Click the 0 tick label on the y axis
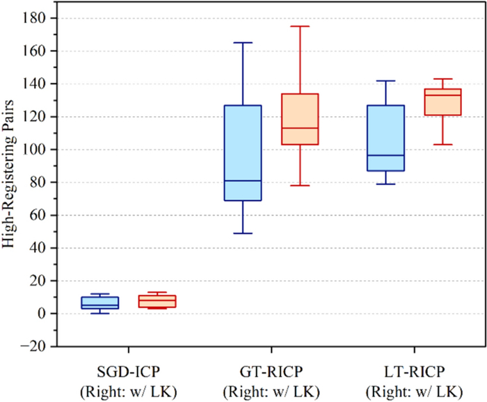coord(42,314)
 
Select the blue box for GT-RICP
coord(243,153)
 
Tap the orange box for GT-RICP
coord(300,119)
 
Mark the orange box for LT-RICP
coord(442,102)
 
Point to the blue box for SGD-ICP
coord(100,303)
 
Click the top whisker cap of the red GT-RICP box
coord(300,26)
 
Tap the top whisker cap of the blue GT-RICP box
coord(243,42)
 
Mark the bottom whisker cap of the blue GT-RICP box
coord(243,233)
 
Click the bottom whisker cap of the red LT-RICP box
coord(442,145)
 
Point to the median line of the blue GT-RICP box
coord(243,181)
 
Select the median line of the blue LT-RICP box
coord(385,155)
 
